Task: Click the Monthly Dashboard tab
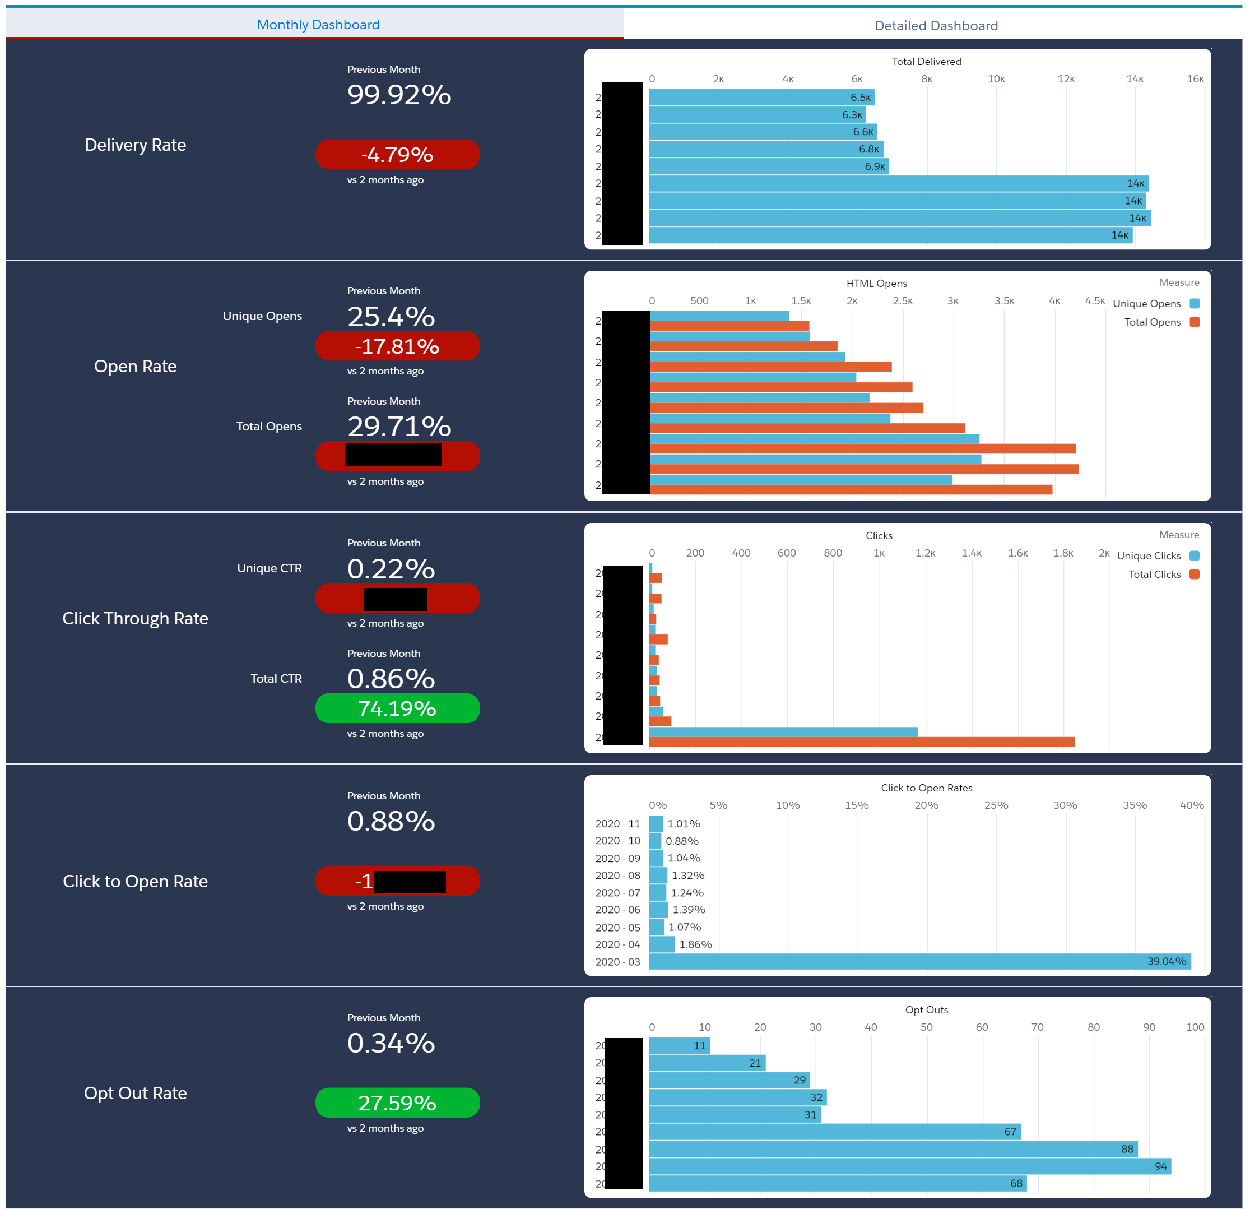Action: (x=318, y=24)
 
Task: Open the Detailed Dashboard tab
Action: (x=936, y=26)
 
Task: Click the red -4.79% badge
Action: (x=397, y=154)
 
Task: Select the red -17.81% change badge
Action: (x=397, y=346)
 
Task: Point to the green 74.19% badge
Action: (x=397, y=708)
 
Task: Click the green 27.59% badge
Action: (x=397, y=1103)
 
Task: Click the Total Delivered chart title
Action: (x=926, y=61)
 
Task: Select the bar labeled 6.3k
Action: (x=757, y=115)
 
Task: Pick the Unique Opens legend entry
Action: (x=1155, y=304)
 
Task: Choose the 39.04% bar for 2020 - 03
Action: (x=918, y=961)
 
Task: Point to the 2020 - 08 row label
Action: (x=617, y=876)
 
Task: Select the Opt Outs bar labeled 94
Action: (x=909, y=1166)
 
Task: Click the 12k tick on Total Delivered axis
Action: (x=1066, y=79)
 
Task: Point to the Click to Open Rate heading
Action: (x=135, y=881)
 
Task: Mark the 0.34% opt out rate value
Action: (x=391, y=1043)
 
